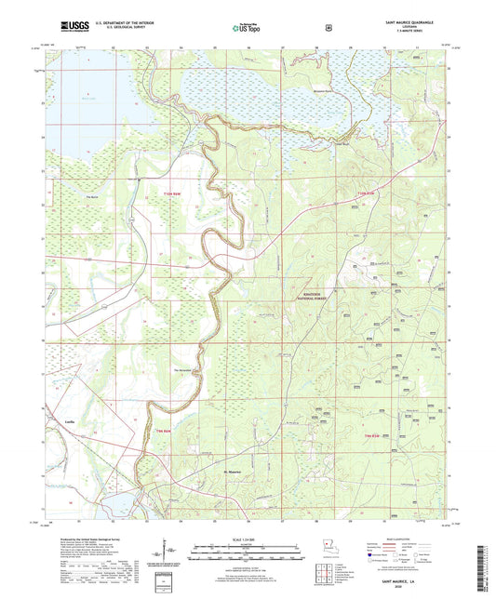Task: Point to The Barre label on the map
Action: tap(91, 197)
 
